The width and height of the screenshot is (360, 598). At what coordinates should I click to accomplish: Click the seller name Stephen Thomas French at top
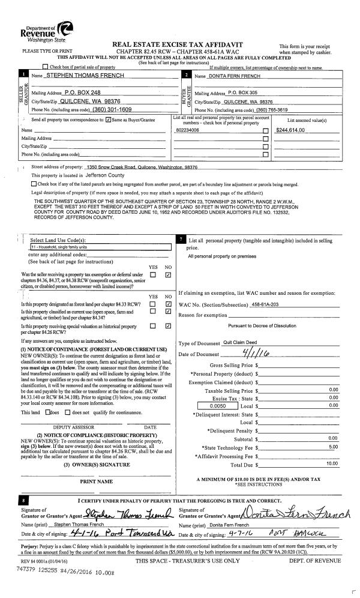tap(85, 76)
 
